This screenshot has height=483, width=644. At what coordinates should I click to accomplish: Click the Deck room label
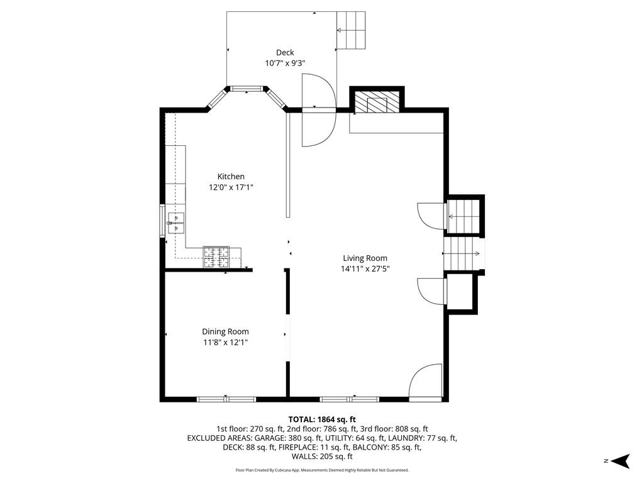(x=285, y=53)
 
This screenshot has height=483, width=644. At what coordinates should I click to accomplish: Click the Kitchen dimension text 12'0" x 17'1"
(x=231, y=187)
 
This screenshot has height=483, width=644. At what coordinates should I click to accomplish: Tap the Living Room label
(x=365, y=258)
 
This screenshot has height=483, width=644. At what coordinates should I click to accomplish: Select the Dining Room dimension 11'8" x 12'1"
(x=225, y=342)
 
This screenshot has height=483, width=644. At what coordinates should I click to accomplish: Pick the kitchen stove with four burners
(x=216, y=257)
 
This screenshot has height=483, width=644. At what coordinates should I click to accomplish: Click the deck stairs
(x=352, y=30)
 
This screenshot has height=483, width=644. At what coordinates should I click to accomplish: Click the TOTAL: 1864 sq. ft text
(x=322, y=419)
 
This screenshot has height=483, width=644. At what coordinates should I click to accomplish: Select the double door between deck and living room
(x=318, y=110)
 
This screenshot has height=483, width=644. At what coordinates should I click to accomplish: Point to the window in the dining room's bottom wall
(x=226, y=399)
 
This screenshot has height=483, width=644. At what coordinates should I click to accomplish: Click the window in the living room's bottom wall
(x=349, y=399)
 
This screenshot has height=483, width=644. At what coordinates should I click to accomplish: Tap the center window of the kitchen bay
(x=247, y=89)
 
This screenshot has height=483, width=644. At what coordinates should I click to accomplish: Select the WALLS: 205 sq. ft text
(x=322, y=457)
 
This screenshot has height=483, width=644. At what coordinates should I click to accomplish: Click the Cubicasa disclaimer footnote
(x=322, y=470)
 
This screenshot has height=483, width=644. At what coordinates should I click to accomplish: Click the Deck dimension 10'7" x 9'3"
(x=285, y=64)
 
